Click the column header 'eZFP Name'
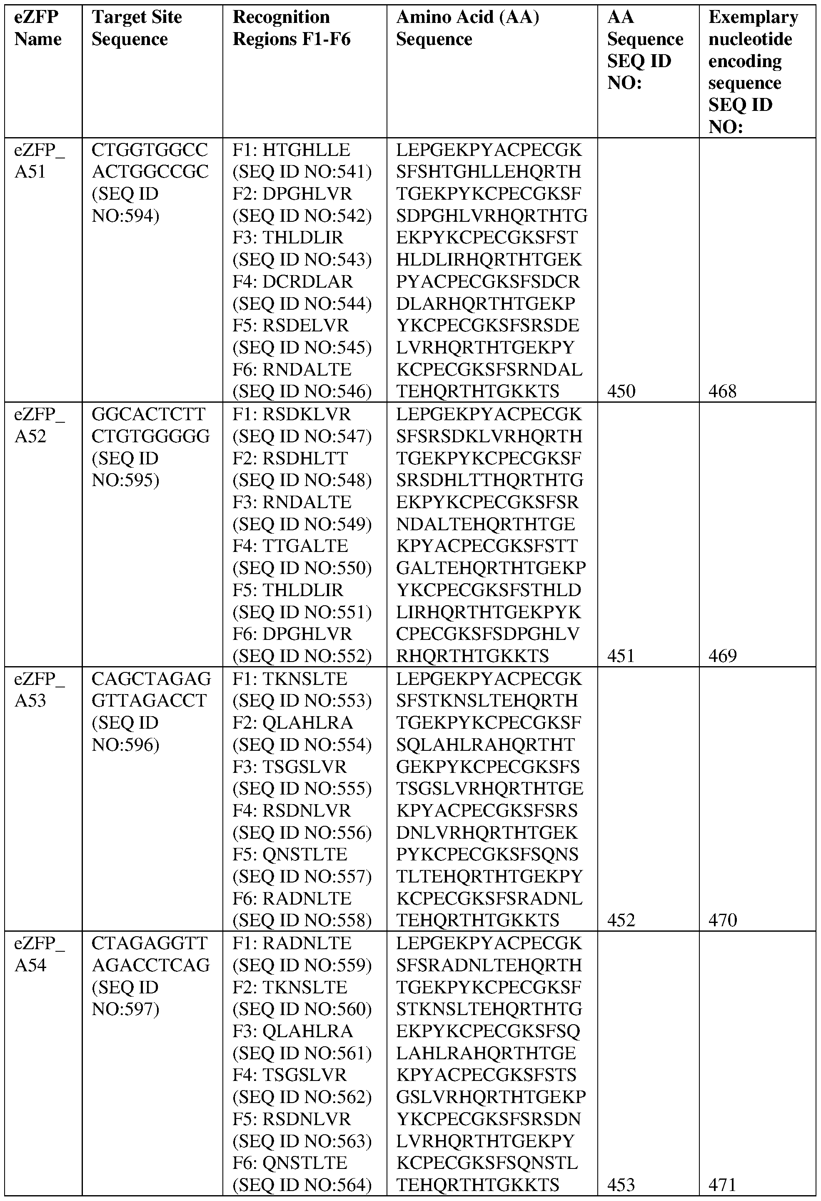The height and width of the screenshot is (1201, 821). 37,28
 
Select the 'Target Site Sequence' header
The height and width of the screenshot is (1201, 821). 136,28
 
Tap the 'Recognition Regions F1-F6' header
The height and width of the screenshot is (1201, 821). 291,28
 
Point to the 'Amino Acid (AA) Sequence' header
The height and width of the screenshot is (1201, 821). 467,28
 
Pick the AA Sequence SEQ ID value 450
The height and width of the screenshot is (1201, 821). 621,391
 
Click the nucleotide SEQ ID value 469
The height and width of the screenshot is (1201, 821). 722,656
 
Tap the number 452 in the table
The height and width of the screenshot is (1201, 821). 621,920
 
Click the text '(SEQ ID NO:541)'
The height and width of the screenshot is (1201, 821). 302,172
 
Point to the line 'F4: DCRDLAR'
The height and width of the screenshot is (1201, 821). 293,282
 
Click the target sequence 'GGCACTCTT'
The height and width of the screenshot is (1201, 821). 149,414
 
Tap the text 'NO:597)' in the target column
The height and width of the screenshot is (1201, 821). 125,1009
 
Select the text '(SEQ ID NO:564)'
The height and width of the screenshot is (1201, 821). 302,1184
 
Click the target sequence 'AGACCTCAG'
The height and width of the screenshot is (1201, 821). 151,965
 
